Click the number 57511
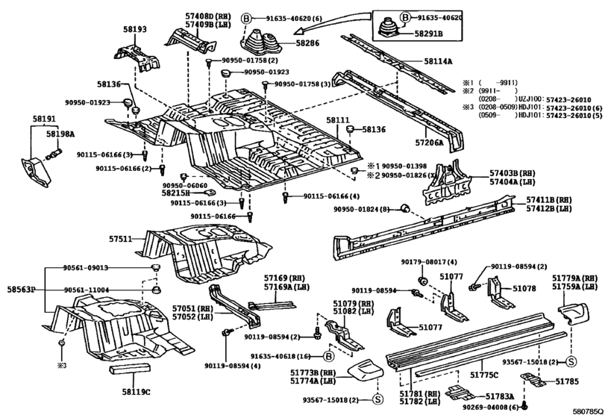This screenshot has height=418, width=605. [x=120, y=240]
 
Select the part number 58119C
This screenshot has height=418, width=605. [x=136, y=391]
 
